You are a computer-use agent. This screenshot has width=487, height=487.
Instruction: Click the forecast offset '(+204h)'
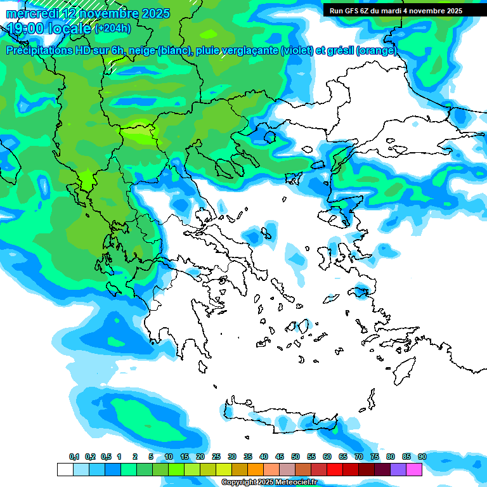pos(112,28)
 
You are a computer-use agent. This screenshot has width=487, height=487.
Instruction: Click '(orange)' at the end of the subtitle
pos(377,51)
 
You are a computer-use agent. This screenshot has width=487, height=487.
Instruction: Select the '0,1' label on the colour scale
pos(74,457)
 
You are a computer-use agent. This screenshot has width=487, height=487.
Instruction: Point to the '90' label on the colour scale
pos(422,457)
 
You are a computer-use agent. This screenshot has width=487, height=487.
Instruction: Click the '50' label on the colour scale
pos(295,457)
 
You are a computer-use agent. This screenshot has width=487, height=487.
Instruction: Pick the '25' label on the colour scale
pos(216,457)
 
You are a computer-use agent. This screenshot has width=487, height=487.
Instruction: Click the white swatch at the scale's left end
pos(65,469)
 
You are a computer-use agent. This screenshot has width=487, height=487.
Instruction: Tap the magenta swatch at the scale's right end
pos(414,469)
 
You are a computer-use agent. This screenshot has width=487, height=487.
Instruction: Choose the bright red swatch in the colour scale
pos(335,469)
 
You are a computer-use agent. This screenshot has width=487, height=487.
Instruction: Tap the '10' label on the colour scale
pos(169,457)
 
